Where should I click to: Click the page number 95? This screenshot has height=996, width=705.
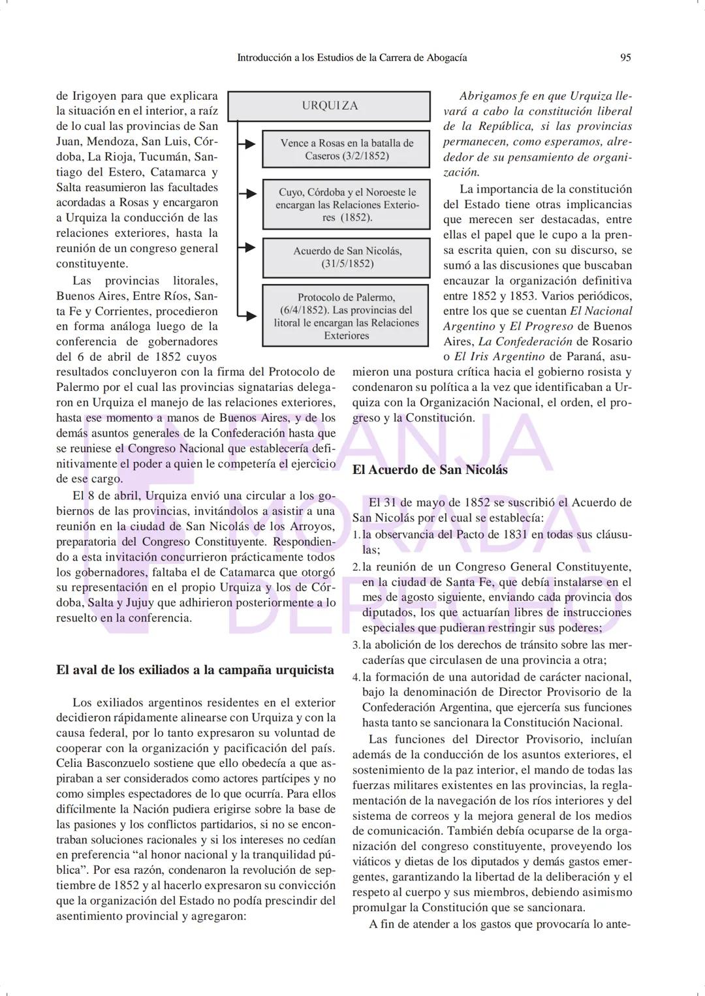(x=625, y=57)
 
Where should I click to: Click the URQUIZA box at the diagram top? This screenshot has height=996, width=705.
(x=330, y=106)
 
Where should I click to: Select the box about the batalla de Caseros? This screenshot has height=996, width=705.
(x=347, y=149)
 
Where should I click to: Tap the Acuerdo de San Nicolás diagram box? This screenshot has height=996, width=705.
(x=347, y=257)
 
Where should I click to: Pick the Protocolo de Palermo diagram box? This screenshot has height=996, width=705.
(x=347, y=316)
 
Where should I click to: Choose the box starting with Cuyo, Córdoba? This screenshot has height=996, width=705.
(x=347, y=204)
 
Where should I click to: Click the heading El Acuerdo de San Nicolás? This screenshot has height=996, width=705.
(x=430, y=470)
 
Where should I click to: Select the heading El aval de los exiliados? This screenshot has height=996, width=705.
(x=195, y=670)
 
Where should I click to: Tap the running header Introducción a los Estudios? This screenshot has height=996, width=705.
(x=352, y=57)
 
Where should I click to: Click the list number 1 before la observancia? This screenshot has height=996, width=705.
(x=356, y=535)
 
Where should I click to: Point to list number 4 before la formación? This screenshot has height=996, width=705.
(x=356, y=677)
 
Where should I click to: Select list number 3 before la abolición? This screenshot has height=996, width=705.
(x=356, y=646)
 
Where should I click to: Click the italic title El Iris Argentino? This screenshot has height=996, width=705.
(x=499, y=356)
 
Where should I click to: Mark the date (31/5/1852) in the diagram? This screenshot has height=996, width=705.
(x=347, y=264)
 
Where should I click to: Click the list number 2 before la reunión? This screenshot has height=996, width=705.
(x=356, y=567)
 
